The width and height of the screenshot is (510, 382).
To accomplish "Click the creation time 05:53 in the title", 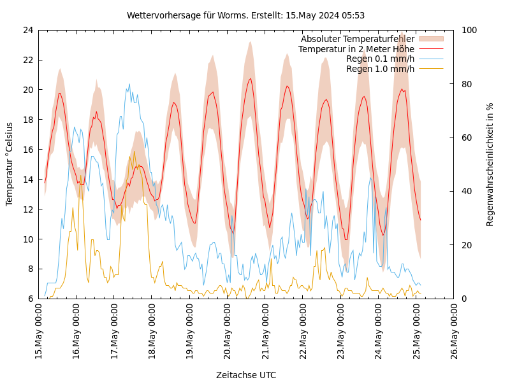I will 353,15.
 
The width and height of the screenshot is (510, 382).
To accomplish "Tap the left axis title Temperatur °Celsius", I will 10,164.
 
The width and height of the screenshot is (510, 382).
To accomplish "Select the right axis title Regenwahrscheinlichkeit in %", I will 490,164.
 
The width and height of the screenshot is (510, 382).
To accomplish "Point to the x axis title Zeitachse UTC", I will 246,375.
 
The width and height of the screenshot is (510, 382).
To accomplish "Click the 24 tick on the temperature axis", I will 27,30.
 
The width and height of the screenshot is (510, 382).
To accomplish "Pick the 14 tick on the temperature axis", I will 27,180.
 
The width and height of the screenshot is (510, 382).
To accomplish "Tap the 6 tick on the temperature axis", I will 30,299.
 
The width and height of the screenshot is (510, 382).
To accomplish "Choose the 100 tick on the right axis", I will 469,30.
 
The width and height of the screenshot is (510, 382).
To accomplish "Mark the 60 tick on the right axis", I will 466,138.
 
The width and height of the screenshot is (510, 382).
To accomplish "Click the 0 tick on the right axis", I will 463,299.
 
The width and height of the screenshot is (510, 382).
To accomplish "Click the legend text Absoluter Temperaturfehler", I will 357,39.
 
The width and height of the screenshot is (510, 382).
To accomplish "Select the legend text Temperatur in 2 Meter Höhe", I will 356,49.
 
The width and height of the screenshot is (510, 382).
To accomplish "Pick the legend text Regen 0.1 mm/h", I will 380,59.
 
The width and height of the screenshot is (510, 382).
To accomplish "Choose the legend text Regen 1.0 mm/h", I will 380,69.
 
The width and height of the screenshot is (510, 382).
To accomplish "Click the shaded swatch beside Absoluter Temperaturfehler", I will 430,39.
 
